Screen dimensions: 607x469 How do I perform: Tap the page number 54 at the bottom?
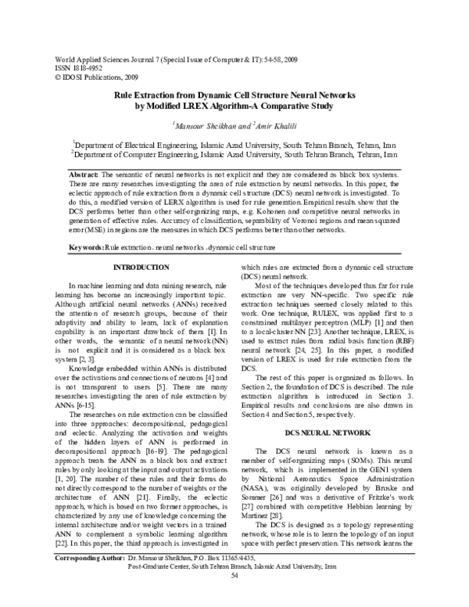click(x=234, y=598)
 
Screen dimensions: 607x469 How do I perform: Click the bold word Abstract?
click(x=84, y=172)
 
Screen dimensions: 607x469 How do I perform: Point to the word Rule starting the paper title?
click(x=127, y=94)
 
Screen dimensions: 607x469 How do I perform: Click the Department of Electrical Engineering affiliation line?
click(x=233, y=145)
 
